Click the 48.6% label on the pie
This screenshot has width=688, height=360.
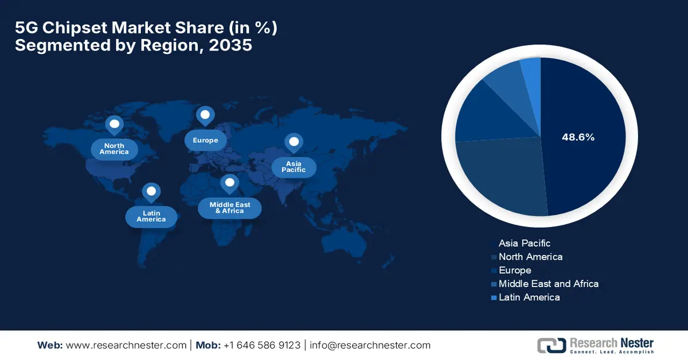click(x=578, y=138)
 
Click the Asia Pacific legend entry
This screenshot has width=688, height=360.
click(x=524, y=243)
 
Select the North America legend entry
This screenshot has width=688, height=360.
click(x=530, y=257)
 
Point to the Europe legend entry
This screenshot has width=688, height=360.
click(x=515, y=270)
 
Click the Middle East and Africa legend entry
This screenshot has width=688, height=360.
click(x=548, y=284)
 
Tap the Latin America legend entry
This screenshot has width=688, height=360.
click(x=529, y=297)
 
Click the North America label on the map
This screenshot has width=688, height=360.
click(x=114, y=149)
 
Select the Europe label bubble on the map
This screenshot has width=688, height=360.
click(x=205, y=140)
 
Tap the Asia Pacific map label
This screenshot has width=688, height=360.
click(x=294, y=167)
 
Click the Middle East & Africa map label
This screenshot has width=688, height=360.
click(x=229, y=208)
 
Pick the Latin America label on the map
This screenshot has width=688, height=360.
click(x=151, y=216)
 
